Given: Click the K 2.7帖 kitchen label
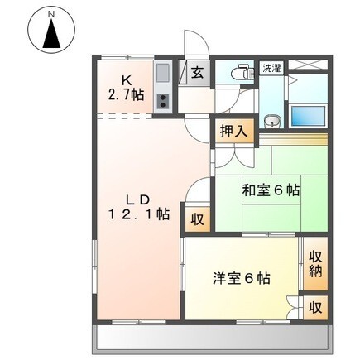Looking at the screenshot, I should point(127,87).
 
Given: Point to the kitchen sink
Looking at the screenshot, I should point(161,74).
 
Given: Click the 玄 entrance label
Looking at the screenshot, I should point(199,73).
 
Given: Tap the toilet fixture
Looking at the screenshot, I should point(241,74).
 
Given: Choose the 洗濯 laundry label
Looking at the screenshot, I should point(271,69).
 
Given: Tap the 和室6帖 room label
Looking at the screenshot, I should point(270,190).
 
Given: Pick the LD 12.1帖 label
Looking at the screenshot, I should point(137,207).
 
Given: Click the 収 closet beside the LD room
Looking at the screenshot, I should point(197,219).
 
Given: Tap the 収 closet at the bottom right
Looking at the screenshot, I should point(315,307).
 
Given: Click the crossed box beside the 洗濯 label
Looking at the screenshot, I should point(309,67).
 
